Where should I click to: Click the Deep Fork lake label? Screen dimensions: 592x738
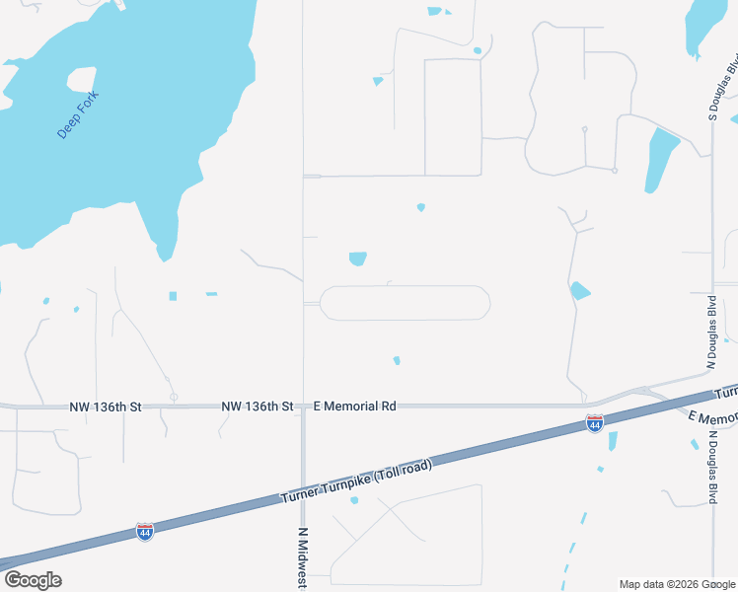[78, 114]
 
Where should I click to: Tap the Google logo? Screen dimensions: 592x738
[33, 580]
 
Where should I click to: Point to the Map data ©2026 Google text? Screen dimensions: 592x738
[676, 584]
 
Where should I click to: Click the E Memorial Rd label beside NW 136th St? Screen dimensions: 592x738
[354, 406]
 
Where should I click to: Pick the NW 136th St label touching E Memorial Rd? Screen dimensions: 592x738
[258, 406]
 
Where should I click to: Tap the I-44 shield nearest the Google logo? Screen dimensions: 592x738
[145, 532]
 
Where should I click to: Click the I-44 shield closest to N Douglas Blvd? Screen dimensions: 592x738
[594, 423]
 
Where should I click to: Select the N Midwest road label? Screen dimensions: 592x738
[303, 557]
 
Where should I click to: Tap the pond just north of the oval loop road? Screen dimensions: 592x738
[357, 259]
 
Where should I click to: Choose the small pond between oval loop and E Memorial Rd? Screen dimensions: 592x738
[397, 360]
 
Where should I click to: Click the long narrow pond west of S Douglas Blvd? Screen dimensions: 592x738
[661, 158]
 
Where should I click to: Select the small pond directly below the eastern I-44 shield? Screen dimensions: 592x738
[613, 441]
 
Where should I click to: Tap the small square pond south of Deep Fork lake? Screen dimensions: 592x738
[173, 296]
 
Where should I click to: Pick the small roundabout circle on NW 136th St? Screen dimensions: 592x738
[174, 398]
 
